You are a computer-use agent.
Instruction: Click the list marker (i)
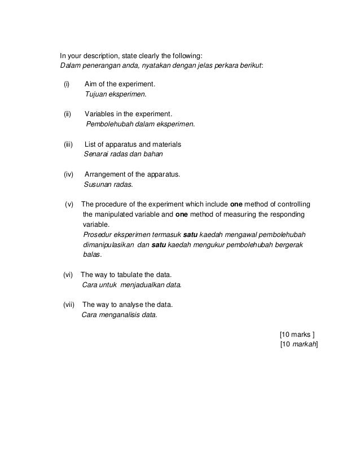point(67,85)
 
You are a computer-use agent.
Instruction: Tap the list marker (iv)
point(68,174)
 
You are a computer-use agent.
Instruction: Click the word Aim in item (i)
point(91,85)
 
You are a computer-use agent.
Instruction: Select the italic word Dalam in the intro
point(71,65)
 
